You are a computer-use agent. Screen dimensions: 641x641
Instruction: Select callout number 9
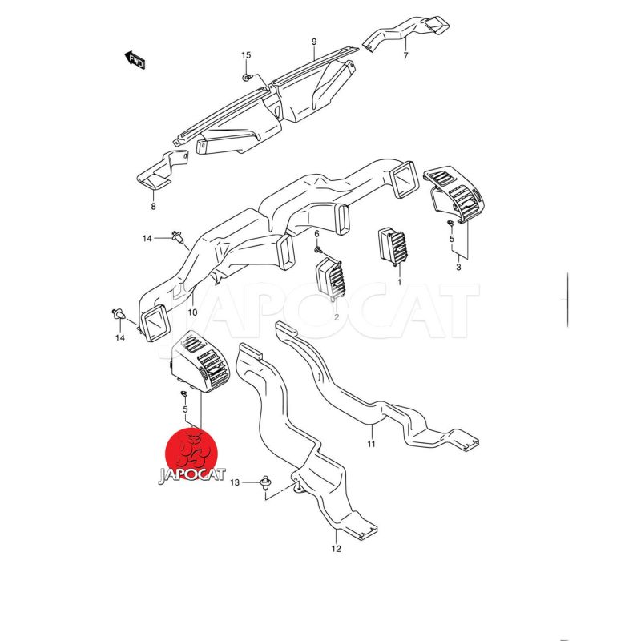[x=314, y=42]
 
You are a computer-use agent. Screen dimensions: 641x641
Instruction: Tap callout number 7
[x=405, y=56]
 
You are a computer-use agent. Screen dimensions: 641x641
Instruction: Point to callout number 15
[x=246, y=54]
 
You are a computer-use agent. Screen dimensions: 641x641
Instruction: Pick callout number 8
[x=153, y=206]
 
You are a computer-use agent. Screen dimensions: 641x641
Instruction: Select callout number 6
[x=316, y=233]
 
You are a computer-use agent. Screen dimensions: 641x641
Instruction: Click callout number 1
[x=398, y=283]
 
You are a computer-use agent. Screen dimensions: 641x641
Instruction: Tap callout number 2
[x=337, y=317]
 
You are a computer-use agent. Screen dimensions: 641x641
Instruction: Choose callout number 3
[x=458, y=267]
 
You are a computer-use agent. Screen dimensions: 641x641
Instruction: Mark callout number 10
[x=192, y=311]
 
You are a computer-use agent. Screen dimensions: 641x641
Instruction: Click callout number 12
[x=337, y=549]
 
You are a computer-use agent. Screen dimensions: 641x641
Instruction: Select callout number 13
[x=235, y=483]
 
